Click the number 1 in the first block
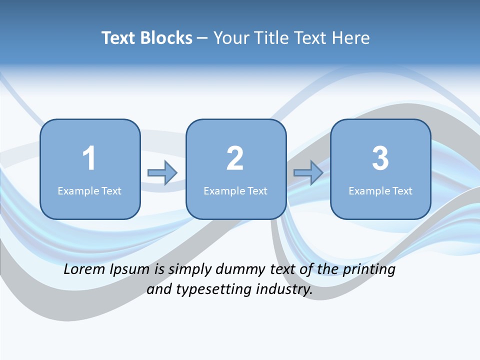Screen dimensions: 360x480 click(x=89, y=158)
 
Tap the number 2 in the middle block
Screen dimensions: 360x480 click(x=235, y=158)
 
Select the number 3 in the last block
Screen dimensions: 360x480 click(x=380, y=158)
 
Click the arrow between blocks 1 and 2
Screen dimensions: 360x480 click(x=162, y=173)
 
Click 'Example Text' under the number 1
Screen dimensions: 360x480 click(x=89, y=190)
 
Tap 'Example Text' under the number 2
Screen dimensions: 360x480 click(x=235, y=190)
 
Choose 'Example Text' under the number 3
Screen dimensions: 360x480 click(x=380, y=190)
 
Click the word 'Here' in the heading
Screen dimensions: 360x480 click(x=351, y=38)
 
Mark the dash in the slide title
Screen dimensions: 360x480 click(x=202, y=38)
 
